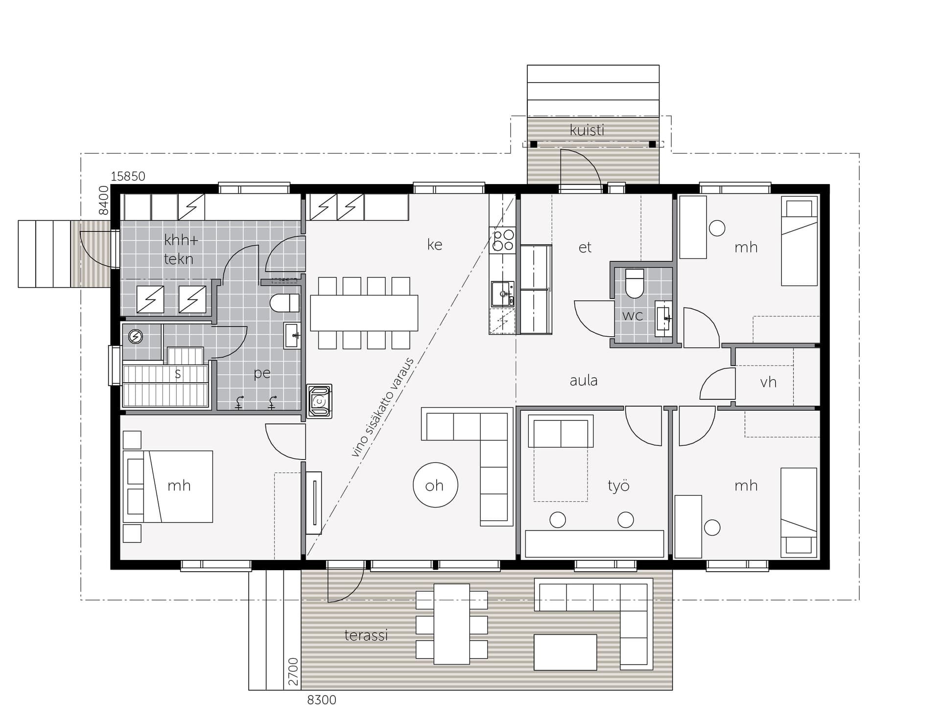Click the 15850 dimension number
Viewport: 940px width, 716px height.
[128, 176]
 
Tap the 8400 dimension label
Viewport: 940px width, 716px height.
[103, 200]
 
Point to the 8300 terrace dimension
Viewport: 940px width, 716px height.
[322, 700]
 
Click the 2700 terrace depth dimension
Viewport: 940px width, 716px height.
[293, 672]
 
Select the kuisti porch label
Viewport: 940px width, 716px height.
[587, 130]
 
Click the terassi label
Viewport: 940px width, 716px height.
[366, 635]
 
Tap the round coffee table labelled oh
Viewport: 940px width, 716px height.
[435, 485]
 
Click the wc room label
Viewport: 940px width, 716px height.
[632, 316]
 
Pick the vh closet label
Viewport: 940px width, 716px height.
[768, 382]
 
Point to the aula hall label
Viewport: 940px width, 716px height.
[584, 380]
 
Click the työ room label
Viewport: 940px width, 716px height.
[618, 485]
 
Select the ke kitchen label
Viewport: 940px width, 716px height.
[435, 244]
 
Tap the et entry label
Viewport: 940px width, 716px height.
[585, 247]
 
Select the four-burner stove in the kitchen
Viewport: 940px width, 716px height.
[503, 240]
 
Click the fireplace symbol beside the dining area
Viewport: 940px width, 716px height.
[319, 401]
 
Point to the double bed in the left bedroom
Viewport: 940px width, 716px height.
[168, 486]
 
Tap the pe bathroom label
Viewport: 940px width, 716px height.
[262, 373]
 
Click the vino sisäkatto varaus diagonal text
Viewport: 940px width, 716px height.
[382, 408]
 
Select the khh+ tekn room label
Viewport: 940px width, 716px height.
[181, 249]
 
